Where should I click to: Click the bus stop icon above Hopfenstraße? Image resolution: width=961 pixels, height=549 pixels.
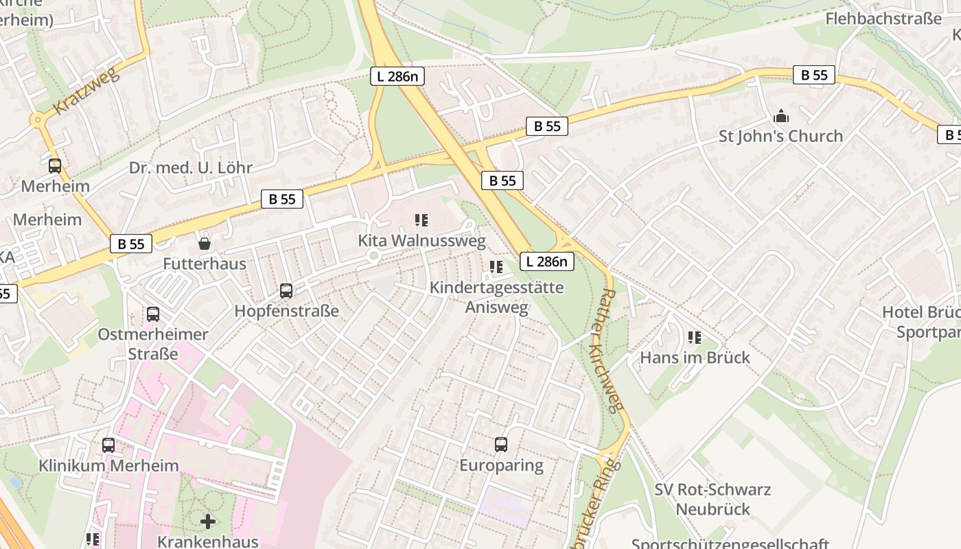[x=286, y=291]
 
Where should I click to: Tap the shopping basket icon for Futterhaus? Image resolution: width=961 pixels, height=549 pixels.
[x=204, y=244]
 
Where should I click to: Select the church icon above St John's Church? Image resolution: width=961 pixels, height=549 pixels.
[x=780, y=116]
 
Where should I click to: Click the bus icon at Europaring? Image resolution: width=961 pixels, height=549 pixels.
[x=501, y=445]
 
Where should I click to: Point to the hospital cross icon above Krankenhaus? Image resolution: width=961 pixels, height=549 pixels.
[x=208, y=522]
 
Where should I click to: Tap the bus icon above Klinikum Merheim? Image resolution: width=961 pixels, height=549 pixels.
[x=108, y=445]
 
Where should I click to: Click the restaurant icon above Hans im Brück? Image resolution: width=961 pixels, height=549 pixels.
[x=695, y=338]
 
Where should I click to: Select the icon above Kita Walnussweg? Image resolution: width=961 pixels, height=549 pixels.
[x=421, y=220]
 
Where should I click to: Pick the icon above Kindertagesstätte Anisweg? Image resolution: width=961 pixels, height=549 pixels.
[x=496, y=267]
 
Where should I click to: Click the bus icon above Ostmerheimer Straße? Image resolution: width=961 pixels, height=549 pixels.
[x=153, y=314]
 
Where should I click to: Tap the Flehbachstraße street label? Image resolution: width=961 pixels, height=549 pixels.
[x=883, y=19]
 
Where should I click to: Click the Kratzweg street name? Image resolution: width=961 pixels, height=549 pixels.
[x=86, y=91]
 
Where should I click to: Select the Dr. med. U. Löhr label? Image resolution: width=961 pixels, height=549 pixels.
[x=191, y=167]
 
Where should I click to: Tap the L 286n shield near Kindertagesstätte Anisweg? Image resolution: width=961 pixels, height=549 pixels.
[x=546, y=261]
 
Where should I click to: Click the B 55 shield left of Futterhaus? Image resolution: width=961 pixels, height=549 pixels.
[x=131, y=244]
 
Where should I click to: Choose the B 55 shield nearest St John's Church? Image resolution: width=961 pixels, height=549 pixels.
[x=814, y=75]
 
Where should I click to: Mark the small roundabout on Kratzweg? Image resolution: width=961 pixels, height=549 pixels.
[x=37, y=120]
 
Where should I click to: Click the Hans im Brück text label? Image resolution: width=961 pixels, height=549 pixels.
[x=695, y=358]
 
